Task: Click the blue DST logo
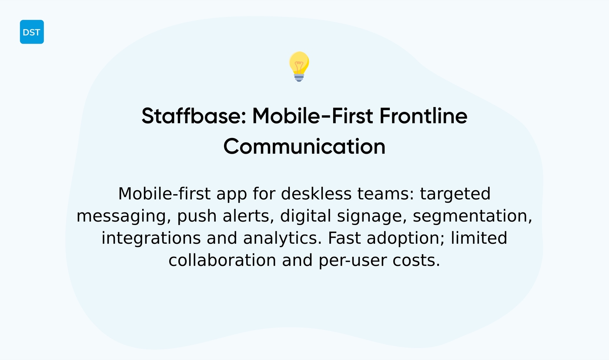[32, 32]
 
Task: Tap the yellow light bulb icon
[299, 66]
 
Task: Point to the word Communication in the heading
[304, 146]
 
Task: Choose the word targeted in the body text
[455, 194]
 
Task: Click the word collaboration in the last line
[222, 261]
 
